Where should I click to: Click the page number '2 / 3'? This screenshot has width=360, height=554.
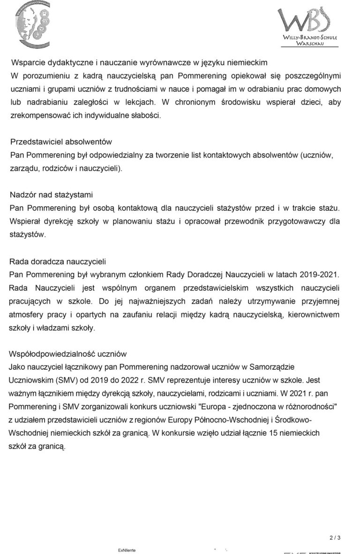tap(335, 538)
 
